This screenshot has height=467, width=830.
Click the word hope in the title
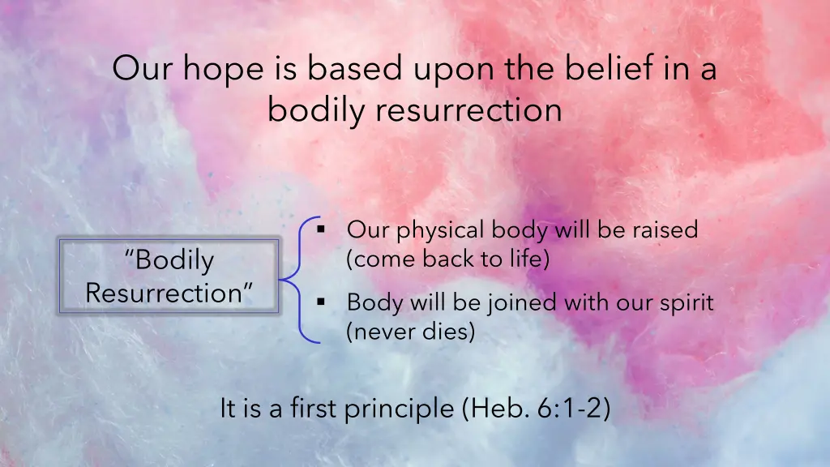(x=224, y=70)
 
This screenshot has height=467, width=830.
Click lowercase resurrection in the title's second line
(x=468, y=110)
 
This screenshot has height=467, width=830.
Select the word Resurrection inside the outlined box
(x=169, y=293)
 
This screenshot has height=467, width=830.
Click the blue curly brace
(x=300, y=280)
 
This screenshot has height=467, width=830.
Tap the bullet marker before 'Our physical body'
(x=321, y=229)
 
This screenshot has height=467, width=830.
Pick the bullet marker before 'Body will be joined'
(x=321, y=302)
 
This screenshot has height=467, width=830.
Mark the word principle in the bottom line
(x=399, y=409)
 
